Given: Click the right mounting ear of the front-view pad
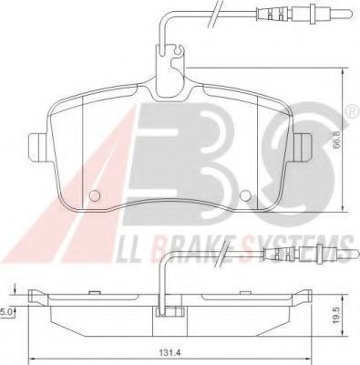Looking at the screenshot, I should coord(303,145).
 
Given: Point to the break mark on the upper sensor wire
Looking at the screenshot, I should coord(216,12).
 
